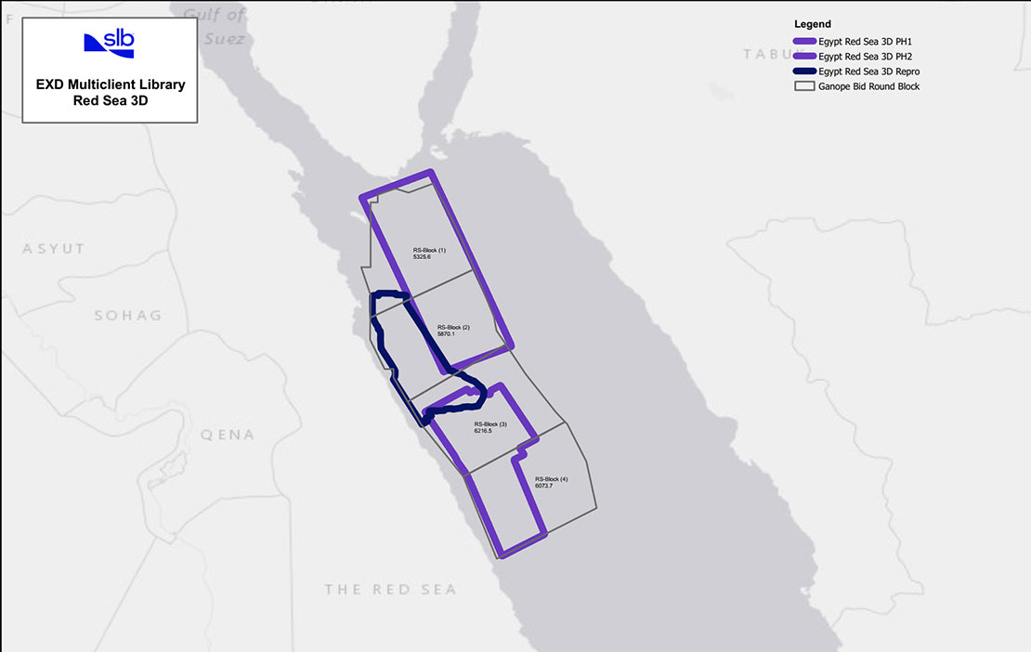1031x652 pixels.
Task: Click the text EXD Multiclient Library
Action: coord(110,85)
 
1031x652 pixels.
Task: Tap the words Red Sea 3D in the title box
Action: coord(110,101)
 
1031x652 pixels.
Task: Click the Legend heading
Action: coord(813,23)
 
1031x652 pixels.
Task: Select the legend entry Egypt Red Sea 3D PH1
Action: coord(867,41)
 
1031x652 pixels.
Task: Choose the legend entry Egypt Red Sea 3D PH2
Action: coord(867,56)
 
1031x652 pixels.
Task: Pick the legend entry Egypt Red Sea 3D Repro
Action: coord(869,71)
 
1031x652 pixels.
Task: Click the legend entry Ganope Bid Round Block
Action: coord(869,85)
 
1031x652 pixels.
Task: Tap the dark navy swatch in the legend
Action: coord(803,71)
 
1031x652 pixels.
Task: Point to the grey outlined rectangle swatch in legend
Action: coord(803,85)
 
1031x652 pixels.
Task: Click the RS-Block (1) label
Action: coord(429,250)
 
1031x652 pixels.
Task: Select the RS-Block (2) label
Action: coord(453,328)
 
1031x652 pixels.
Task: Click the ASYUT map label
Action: coord(54,249)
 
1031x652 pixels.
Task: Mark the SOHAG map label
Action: coord(127,316)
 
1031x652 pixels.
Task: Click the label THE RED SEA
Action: coord(390,590)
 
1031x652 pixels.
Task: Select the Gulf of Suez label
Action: coord(215,26)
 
